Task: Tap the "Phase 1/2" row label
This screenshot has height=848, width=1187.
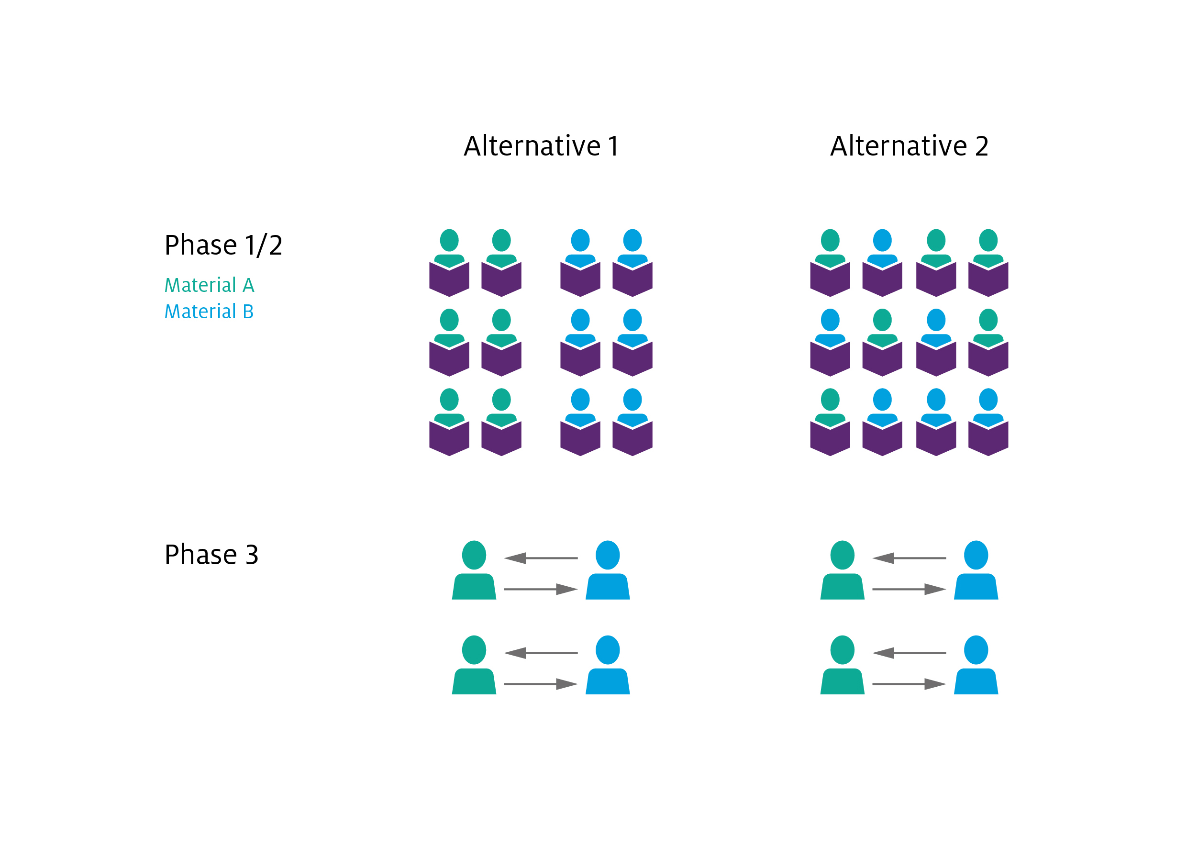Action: click(x=223, y=245)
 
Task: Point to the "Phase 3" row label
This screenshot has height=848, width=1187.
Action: click(x=211, y=555)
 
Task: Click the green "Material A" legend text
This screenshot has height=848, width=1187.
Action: click(x=210, y=285)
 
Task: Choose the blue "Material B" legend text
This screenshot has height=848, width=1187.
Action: click(x=209, y=312)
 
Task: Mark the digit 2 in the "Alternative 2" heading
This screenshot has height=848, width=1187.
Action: click(x=981, y=146)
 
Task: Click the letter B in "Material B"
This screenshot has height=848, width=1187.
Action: click(x=248, y=312)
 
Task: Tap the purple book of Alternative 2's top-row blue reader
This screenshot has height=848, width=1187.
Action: click(x=882, y=279)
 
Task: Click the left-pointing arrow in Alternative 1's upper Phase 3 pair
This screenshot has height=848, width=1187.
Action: click(x=541, y=558)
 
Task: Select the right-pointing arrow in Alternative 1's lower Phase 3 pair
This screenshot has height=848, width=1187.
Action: click(x=541, y=684)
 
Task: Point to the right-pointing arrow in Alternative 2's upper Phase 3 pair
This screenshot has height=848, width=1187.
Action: click(x=910, y=589)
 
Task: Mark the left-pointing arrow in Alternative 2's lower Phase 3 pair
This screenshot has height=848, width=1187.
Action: click(x=910, y=653)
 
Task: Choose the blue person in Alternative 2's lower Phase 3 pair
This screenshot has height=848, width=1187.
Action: click(x=976, y=665)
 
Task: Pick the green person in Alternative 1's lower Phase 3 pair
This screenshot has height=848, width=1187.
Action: click(x=474, y=665)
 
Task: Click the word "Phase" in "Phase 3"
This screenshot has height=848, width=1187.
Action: click(x=201, y=555)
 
